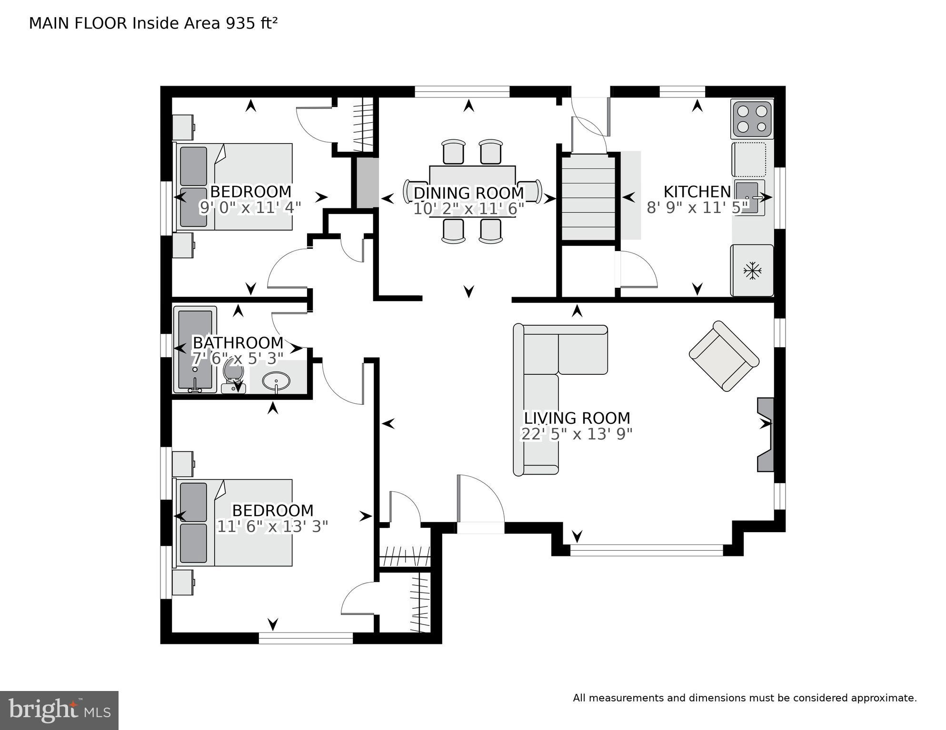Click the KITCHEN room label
[697, 192]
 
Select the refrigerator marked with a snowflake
[752, 271]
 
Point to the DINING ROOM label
[468, 193]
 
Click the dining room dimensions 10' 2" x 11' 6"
[468, 209]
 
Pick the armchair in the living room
[724, 356]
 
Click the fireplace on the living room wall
[765, 435]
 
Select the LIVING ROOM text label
[577, 418]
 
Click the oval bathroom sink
[276, 381]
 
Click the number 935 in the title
[241, 23]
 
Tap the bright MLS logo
[59, 710]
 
